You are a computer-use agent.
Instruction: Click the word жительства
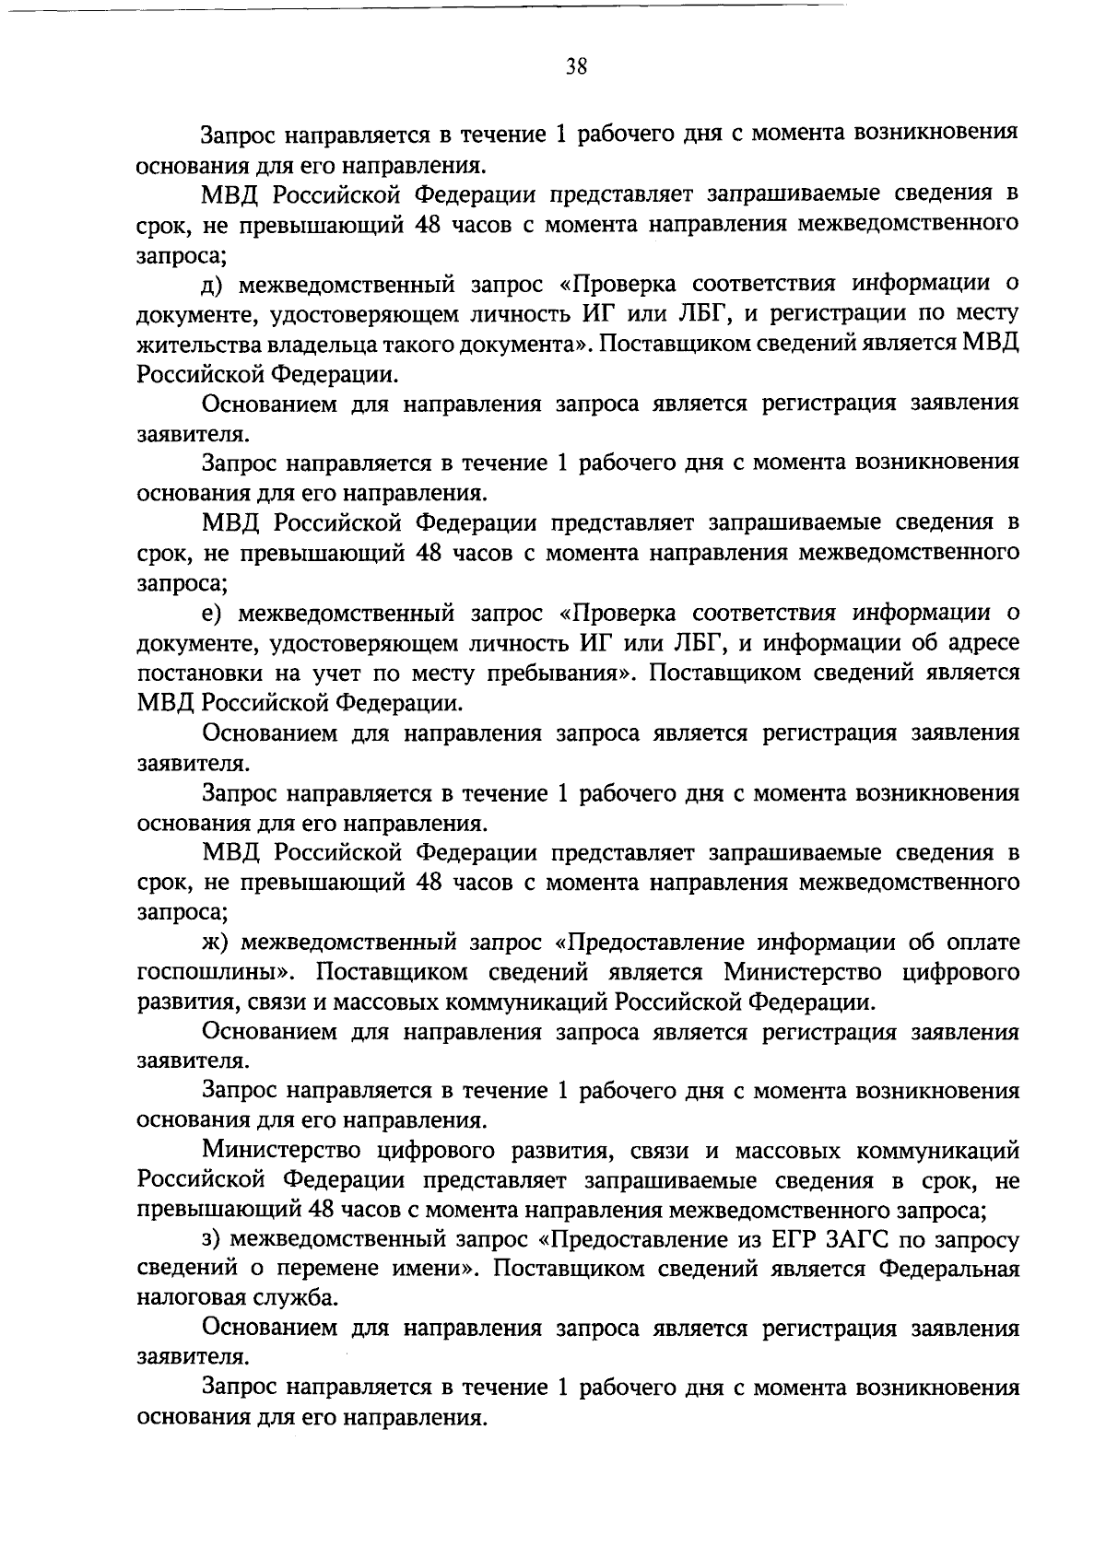pyautogui.click(x=192, y=345)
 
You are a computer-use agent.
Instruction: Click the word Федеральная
pyautogui.click(x=948, y=1270)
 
